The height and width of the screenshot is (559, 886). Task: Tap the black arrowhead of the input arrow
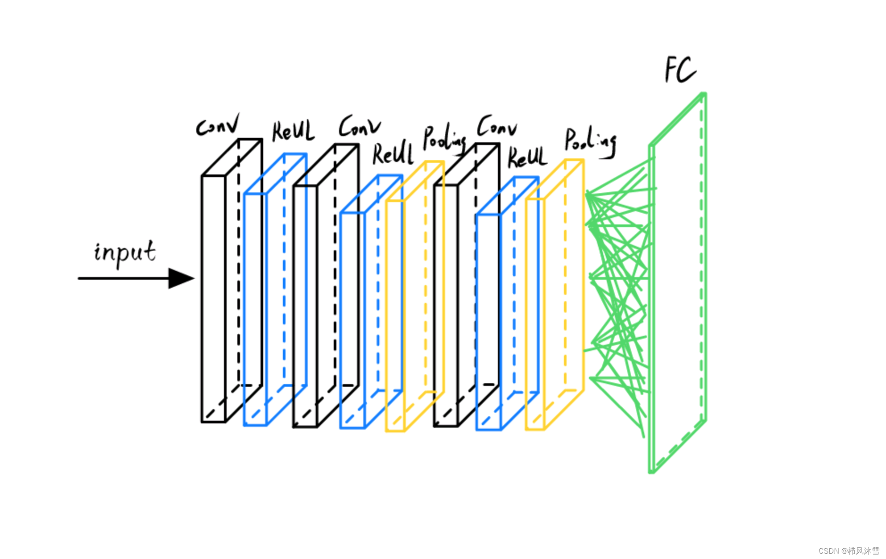point(181,278)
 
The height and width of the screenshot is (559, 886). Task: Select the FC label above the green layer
point(679,70)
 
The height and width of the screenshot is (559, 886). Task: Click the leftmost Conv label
point(218,125)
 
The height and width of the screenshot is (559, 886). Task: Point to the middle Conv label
point(359,126)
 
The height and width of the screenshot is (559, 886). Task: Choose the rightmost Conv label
point(497,127)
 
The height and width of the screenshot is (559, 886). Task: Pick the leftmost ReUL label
point(293,131)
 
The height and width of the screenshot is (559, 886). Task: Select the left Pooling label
point(444,139)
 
